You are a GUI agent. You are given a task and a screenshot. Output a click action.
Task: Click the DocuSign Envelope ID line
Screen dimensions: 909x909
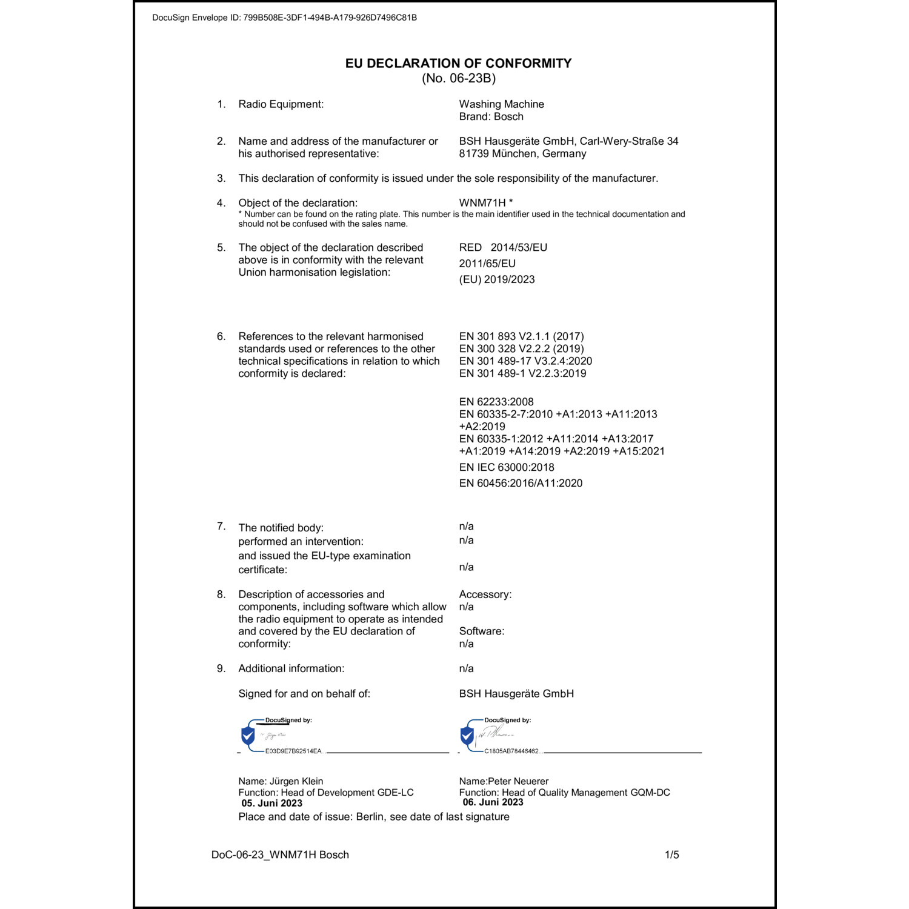point(284,18)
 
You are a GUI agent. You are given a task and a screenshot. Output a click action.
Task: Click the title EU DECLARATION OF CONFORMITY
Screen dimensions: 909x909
point(458,63)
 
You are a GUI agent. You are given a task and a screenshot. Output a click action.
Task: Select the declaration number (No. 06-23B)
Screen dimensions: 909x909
point(459,78)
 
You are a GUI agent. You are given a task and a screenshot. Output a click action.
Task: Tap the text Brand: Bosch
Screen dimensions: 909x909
point(491,117)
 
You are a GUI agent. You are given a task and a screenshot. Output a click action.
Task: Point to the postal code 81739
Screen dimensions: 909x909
point(473,154)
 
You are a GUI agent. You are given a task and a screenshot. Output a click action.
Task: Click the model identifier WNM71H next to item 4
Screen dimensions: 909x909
point(482,203)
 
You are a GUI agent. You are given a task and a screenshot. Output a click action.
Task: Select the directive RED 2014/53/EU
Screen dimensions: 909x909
point(503,247)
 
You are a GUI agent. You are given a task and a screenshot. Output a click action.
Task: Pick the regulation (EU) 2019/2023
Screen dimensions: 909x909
point(497,279)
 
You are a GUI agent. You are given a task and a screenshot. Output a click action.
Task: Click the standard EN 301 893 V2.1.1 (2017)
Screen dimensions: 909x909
point(521,336)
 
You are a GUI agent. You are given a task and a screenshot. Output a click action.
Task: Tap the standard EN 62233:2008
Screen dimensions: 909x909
point(496,402)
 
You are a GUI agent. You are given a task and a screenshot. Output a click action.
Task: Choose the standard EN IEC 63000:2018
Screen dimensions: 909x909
point(507,467)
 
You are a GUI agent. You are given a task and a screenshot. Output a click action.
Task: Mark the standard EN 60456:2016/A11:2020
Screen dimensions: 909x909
point(521,483)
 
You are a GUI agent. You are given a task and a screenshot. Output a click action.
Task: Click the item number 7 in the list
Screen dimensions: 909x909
point(221,526)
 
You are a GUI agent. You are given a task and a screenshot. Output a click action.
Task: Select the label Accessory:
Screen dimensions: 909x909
point(485,594)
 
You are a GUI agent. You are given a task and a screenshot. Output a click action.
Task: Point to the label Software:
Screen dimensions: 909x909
point(481,631)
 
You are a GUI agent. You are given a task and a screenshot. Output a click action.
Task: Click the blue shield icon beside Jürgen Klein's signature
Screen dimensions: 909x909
point(248,736)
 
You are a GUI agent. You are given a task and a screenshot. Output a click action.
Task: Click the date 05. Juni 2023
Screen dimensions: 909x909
point(271,804)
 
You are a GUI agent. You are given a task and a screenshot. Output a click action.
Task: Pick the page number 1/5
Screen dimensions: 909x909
point(671,855)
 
